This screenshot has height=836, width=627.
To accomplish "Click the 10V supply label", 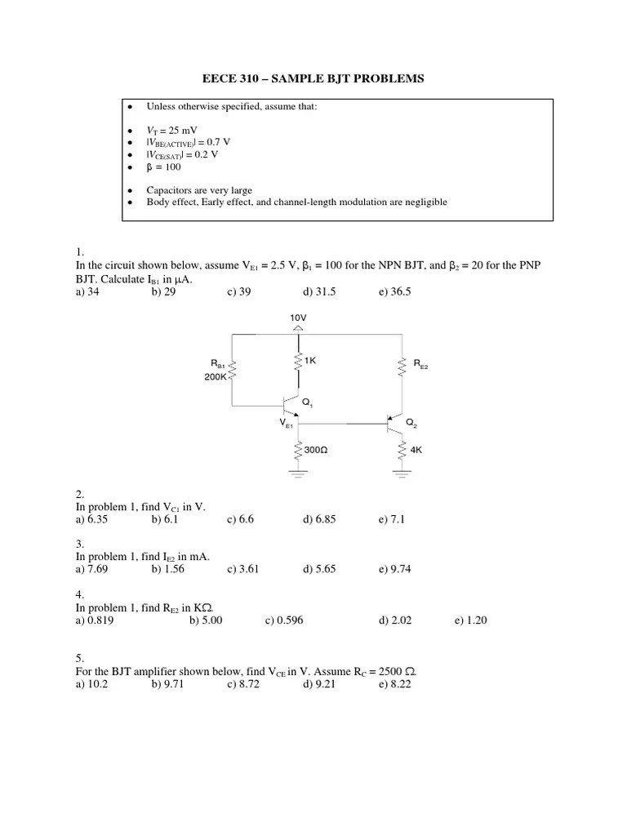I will pyautogui.click(x=298, y=317).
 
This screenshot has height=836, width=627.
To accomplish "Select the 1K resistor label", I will pyautogui.click(x=311, y=360).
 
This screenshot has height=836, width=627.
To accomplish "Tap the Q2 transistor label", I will pyautogui.click(x=411, y=423).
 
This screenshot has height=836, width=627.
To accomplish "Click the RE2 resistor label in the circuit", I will pyautogui.click(x=420, y=366).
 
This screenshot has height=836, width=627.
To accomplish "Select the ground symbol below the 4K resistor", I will pyautogui.click(x=402, y=470).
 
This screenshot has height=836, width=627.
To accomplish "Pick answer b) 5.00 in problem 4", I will pyautogui.click(x=206, y=620).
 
